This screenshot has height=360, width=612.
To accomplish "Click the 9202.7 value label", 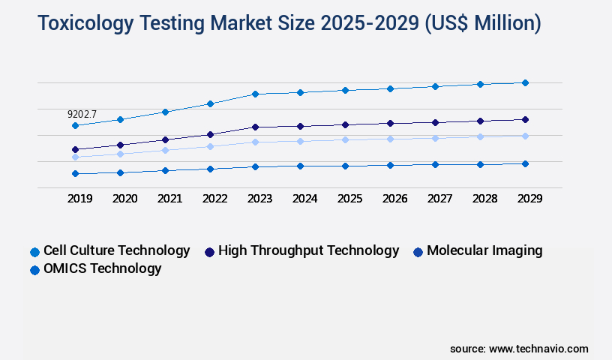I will click(x=82, y=115).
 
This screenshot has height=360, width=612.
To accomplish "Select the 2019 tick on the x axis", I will click(x=79, y=199).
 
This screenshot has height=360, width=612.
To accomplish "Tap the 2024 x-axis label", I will click(x=304, y=199).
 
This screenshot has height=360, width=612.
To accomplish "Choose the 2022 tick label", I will click(x=214, y=199).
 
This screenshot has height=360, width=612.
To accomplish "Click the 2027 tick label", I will click(x=439, y=199).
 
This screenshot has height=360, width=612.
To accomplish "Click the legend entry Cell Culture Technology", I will click(x=116, y=250).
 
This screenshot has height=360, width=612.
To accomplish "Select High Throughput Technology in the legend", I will click(x=308, y=250).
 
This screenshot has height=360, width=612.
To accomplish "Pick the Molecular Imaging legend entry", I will click(x=484, y=250).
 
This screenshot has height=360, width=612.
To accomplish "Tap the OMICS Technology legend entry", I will click(x=102, y=268).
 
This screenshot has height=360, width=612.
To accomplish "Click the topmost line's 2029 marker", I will click(x=525, y=82).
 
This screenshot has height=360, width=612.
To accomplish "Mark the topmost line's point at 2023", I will click(x=255, y=94).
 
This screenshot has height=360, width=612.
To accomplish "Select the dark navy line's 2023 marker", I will click(x=255, y=127).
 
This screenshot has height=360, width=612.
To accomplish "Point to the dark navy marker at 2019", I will click(x=75, y=149).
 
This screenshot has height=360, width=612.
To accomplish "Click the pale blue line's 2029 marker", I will click(x=525, y=136).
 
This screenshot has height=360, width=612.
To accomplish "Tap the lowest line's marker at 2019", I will click(x=75, y=174).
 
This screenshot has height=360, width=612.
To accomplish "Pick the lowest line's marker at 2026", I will click(x=390, y=165).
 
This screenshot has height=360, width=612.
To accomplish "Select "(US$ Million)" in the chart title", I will click(x=482, y=24).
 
